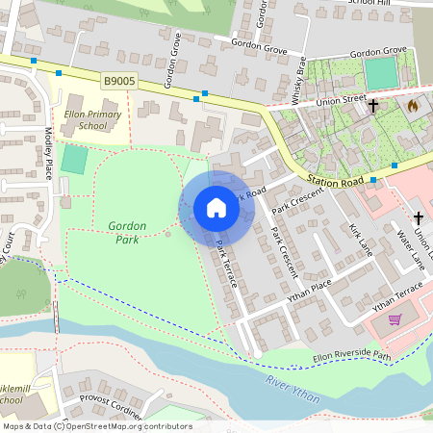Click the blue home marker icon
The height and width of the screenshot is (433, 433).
216,208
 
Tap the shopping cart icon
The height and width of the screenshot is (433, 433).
395,320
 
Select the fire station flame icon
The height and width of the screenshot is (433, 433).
414,107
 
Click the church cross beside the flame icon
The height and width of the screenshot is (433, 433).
373,107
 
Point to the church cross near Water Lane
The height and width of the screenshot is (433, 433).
419,218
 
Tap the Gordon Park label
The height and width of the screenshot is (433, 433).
127,232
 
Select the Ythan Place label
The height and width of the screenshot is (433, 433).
310,290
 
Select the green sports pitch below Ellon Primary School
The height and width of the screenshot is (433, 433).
73,159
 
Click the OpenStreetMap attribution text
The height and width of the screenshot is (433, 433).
96,426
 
